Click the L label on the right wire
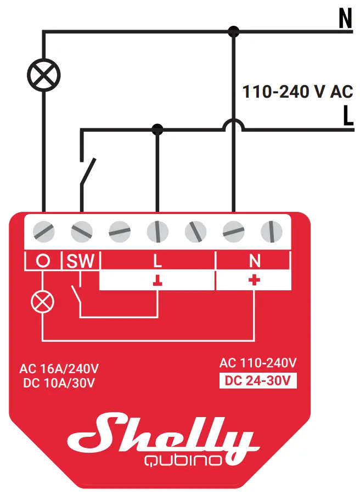point(347,116)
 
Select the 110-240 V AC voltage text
point(297,91)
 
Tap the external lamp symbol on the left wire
point(44,74)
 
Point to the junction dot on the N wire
point(234,31)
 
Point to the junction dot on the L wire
point(157,130)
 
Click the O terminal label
point(43,261)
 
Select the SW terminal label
point(81,261)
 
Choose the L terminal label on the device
point(157,261)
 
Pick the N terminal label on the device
point(254,261)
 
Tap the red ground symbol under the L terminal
point(157,281)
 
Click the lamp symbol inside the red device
point(43,301)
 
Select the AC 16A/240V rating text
point(59,368)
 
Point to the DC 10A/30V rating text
point(59,383)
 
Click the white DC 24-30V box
point(257,380)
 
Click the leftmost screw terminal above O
point(43,232)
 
